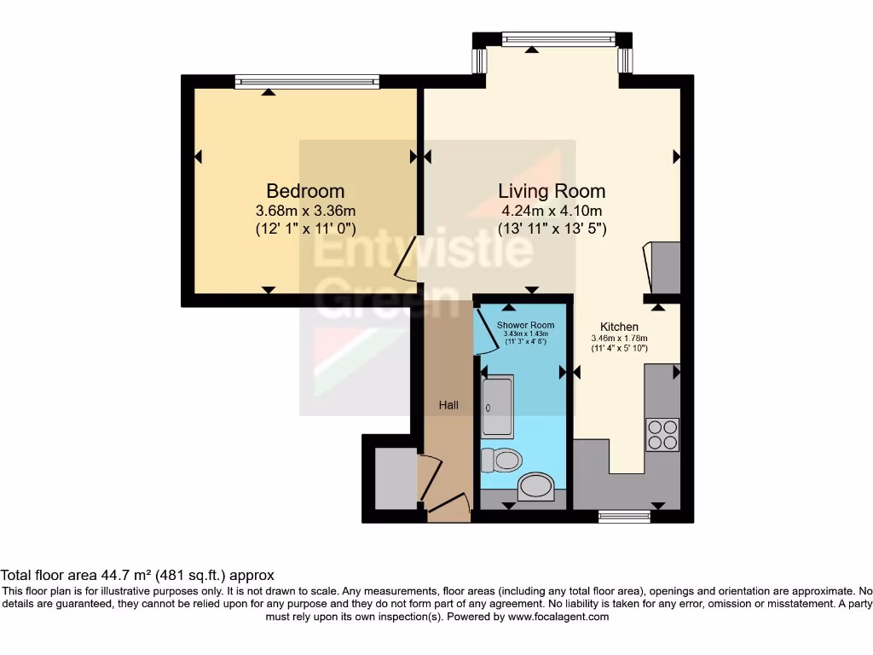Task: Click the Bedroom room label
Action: (x=305, y=191)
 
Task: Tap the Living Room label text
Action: (x=552, y=191)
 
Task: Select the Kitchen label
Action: (x=619, y=327)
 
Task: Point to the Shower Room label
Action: (x=526, y=325)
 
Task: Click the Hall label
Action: (x=448, y=405)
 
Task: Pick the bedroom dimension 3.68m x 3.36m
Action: (x=305, y=211)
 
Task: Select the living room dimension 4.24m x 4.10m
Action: (x=552, y=211)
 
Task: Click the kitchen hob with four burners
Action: (x=662, y=435)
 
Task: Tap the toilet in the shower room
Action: (x=500, y=461)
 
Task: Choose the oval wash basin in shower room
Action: (x=536, y=487)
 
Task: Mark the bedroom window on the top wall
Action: (x=308, y=82)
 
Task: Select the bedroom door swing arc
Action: (x=406, y=259)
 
